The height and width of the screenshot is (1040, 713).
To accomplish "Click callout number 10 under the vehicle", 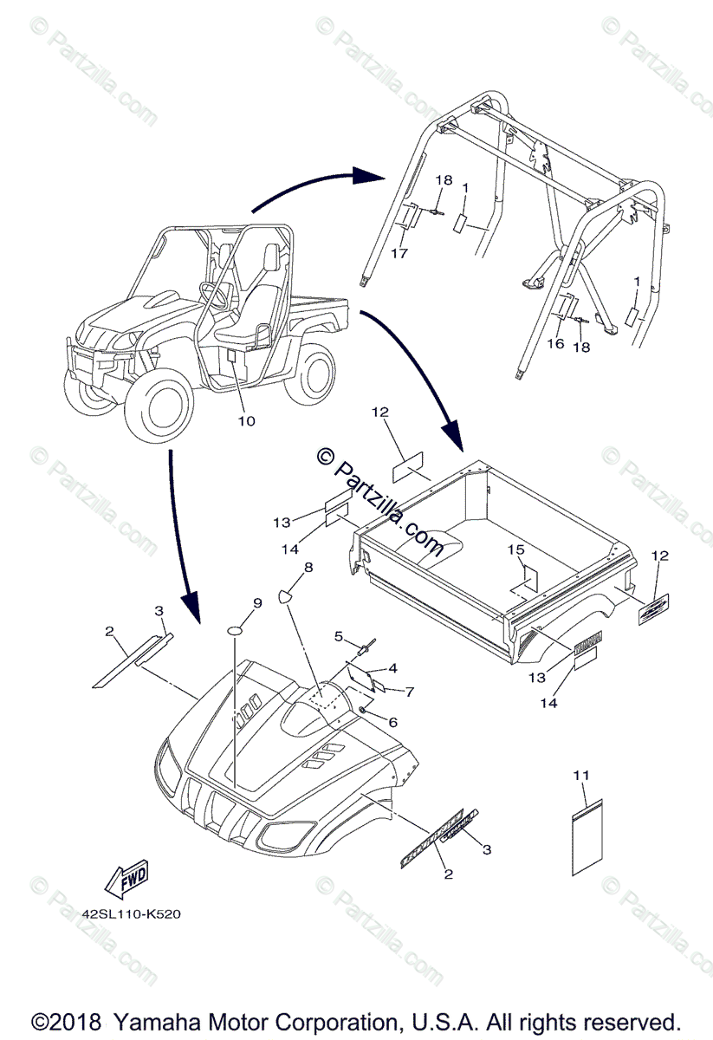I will (247, 421).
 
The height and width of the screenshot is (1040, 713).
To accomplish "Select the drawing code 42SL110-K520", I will (131, 913).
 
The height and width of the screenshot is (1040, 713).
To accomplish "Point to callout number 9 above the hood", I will (257, 602).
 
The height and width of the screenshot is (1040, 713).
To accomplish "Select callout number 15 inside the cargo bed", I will (515, 549).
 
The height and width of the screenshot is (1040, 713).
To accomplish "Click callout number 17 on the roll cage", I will (399, 253).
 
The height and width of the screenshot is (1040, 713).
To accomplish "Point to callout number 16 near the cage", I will (554, 343).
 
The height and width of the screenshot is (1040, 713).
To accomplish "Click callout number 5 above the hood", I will (340, 636).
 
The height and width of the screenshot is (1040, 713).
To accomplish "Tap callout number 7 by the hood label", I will (410, 691).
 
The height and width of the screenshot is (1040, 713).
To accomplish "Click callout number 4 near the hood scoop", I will (392, 668).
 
